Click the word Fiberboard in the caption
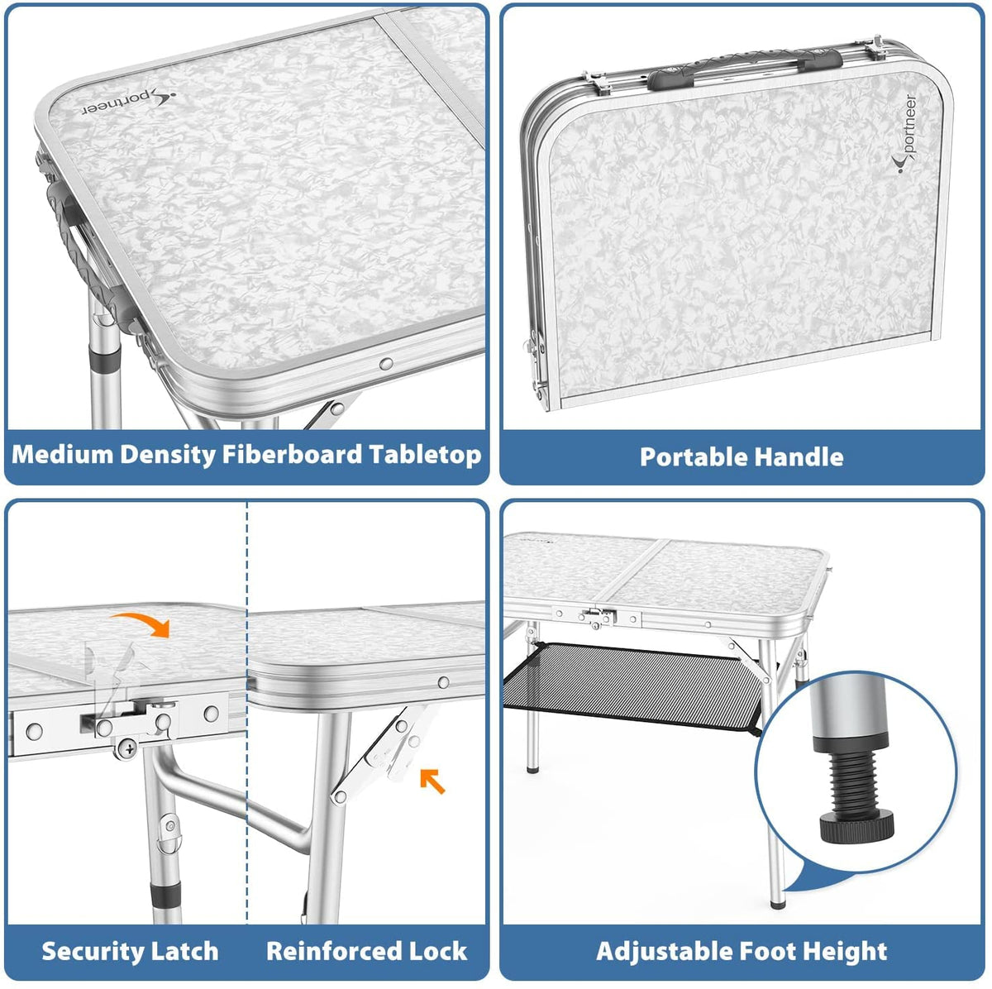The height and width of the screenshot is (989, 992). coord(292,456)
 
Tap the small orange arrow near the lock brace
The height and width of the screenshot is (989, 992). coord(432,781)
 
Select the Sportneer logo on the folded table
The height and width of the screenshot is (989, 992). coord(904,135)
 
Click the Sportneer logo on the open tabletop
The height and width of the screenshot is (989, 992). coord(129,104)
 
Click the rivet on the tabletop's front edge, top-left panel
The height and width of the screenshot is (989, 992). coord(385,364)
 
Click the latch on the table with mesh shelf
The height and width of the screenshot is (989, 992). coord(597,616)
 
